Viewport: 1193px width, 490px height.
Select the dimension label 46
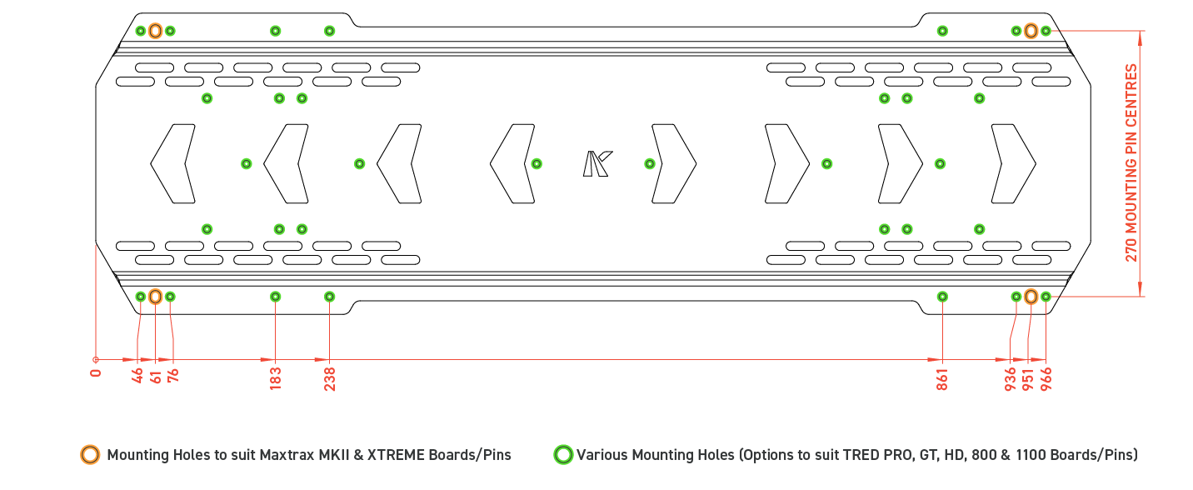coord(138,376)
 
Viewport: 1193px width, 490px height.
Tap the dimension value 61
coord(156,376)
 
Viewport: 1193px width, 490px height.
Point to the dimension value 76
coord(173,376)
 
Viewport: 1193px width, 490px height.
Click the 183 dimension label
coord(276,378)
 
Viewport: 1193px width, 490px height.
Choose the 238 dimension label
coord(330,378)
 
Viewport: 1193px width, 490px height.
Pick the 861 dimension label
coord(942,378)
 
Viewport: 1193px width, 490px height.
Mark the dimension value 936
coord(1011,378)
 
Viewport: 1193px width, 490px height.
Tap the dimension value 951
coord(1028,378)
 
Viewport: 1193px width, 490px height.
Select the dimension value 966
coord(1046,378)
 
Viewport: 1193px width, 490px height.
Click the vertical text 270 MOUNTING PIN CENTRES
coord(1131,162)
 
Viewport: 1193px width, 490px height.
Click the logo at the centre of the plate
coord(596,163)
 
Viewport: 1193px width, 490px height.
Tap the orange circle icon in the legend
coord(89,455)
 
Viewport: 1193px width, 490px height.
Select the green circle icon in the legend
coord(563,455)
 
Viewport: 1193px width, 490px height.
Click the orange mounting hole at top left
coord(155,31)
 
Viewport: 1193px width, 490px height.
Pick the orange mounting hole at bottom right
coord(1031,297)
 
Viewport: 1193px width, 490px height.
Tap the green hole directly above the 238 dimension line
coord(330,297)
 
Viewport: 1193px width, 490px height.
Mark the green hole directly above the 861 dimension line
coord(942,297)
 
